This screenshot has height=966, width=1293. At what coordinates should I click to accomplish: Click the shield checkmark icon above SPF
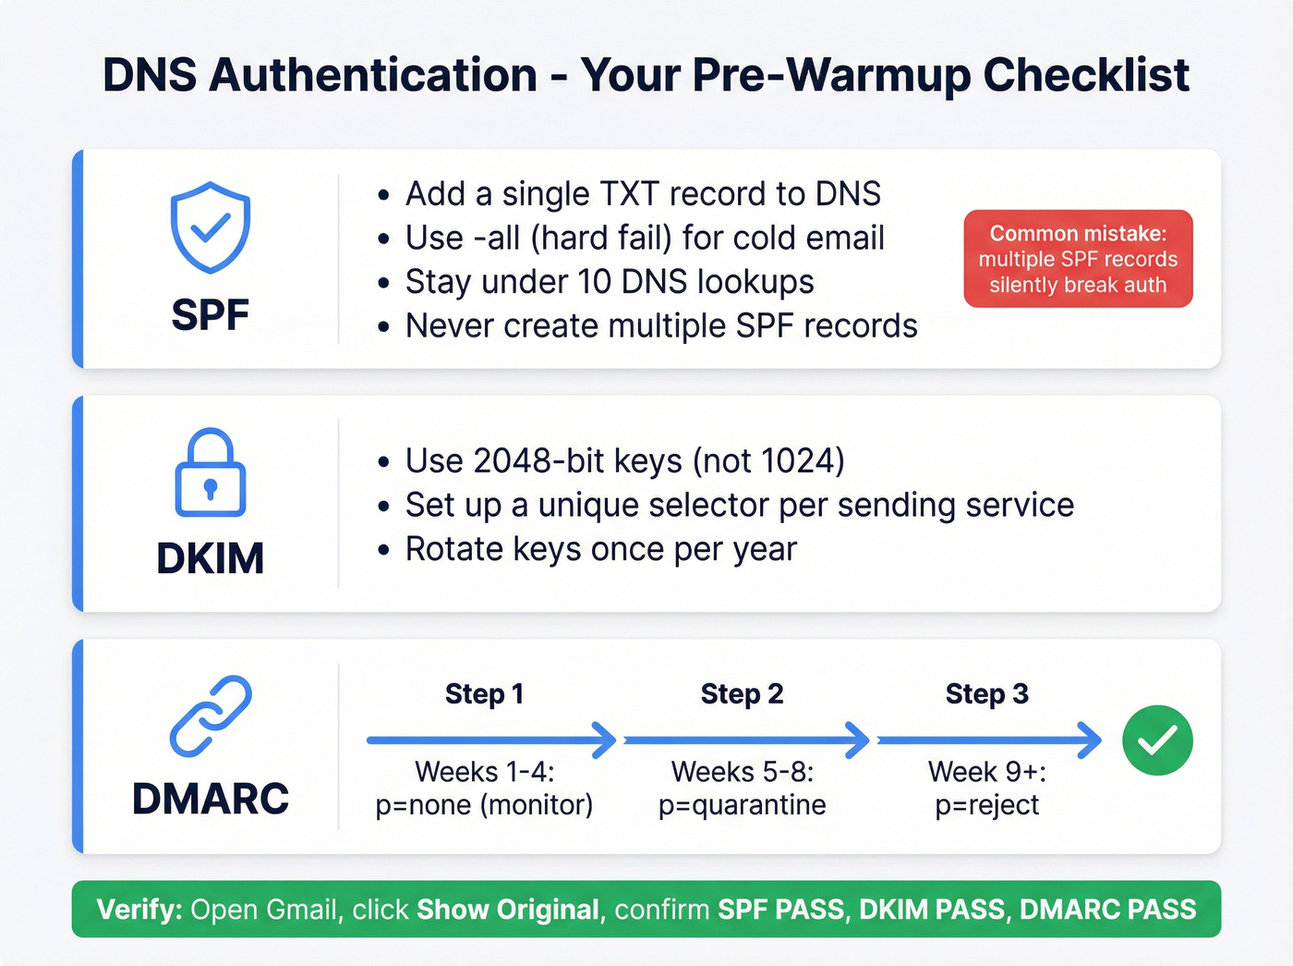click(x=211, y=227)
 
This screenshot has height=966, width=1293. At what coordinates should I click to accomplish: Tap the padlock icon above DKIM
click(x=211, y=472)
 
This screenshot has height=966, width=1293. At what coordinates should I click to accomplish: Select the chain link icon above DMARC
click(x=211, y=716)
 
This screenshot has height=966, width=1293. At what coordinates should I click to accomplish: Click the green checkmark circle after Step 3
click(x=1157, y=740)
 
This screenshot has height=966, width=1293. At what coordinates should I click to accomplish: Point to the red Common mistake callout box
click(x=1078, y=259)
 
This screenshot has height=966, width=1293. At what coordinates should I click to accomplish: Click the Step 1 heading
click(x=484, y=694)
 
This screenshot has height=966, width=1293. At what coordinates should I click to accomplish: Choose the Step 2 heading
click(x=742, y=694)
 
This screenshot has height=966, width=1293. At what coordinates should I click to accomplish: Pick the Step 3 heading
click(x=986, y=694)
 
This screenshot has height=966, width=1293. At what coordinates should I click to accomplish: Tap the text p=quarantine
click(x=742, y=805)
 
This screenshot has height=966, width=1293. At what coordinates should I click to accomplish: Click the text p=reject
click(x=986, y=805)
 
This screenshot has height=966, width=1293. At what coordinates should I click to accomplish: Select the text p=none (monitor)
click(x=484, y=805)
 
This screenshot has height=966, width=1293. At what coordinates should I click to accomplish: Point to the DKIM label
click(x=211, y=558)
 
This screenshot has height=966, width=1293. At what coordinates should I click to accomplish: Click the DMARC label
click(x=211, y=799)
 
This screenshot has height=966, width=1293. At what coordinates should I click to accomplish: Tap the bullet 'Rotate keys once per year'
click(x=600, y=549)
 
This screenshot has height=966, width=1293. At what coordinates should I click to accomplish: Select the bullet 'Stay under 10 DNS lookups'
click(x=610, y=282)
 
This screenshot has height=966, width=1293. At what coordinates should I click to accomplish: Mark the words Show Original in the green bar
click(x=508, y=910)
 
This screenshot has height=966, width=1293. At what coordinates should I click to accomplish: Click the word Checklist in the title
click(x=1086, y=75)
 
